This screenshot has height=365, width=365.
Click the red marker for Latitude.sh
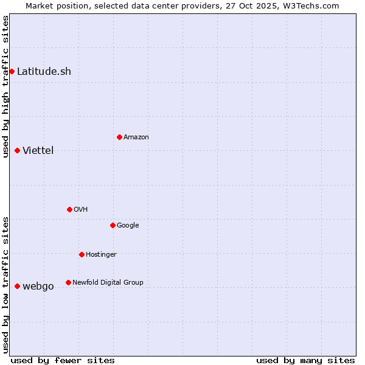12,71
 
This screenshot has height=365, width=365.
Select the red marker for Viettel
17,150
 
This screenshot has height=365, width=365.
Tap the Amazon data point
119,137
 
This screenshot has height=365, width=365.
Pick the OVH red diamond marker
69,209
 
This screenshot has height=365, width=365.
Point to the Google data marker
113,225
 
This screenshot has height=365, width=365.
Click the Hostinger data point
82,254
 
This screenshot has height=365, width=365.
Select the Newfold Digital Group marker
68,282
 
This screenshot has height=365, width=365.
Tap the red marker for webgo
17,286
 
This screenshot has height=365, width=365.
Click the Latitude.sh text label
44,71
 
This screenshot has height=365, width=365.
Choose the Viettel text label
38,150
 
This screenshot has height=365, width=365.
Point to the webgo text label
38,286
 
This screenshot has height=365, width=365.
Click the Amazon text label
136,137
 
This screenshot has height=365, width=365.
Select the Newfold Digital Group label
108,282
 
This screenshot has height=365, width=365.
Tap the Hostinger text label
101,254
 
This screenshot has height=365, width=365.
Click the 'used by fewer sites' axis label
63,360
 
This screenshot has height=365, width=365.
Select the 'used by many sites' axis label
305,360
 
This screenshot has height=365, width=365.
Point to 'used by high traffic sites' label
5,86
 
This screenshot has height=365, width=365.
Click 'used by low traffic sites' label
5,285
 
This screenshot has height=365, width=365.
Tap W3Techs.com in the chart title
314,5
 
